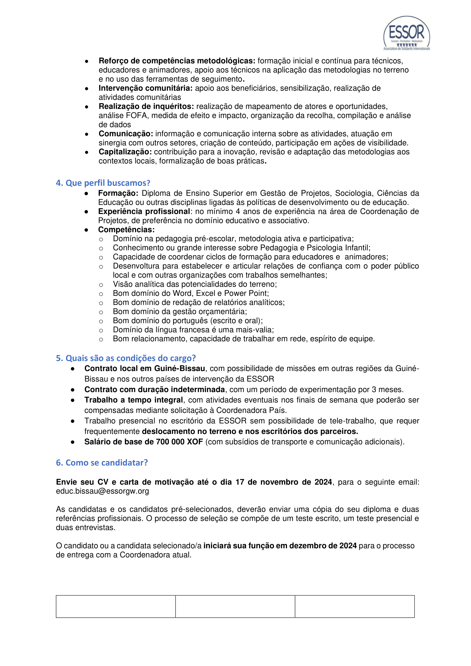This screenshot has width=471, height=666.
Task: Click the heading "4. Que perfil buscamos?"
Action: pyautogui.click(x=103, y=183)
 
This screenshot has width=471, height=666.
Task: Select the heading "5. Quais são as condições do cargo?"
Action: pyautogui.click(x=126, y=358)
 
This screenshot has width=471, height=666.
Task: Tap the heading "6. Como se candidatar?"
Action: pyautogui.click(x=102, y=462)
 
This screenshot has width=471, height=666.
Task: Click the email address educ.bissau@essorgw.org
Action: pyautogui.click(x=103, y=491)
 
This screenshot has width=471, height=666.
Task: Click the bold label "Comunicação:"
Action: pyautogui.click(x=126, y=134)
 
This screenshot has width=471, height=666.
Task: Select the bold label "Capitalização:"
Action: pyautogui.click(x=125, y=152)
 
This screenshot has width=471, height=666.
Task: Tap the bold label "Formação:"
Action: pyautogui.click(x=118, y=193)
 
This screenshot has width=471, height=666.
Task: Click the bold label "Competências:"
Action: pyautogui.click(x=126, y=229)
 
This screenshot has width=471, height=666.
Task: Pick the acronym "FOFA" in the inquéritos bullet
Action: pyautogui.click(x=136, y=115)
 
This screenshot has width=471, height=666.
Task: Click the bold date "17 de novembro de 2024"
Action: pyautogui.click(x=284, y=482)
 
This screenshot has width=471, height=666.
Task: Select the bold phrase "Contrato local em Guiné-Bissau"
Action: pyautogui.click(x=145, y=368)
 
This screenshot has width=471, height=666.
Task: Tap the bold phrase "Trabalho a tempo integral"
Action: pyautogui.click(x=133, y=400)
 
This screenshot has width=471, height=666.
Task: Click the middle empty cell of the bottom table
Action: pyautogui.click(x=235, y=606)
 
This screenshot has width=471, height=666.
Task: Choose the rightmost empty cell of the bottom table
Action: pyautogui.click(x=355, y=606)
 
